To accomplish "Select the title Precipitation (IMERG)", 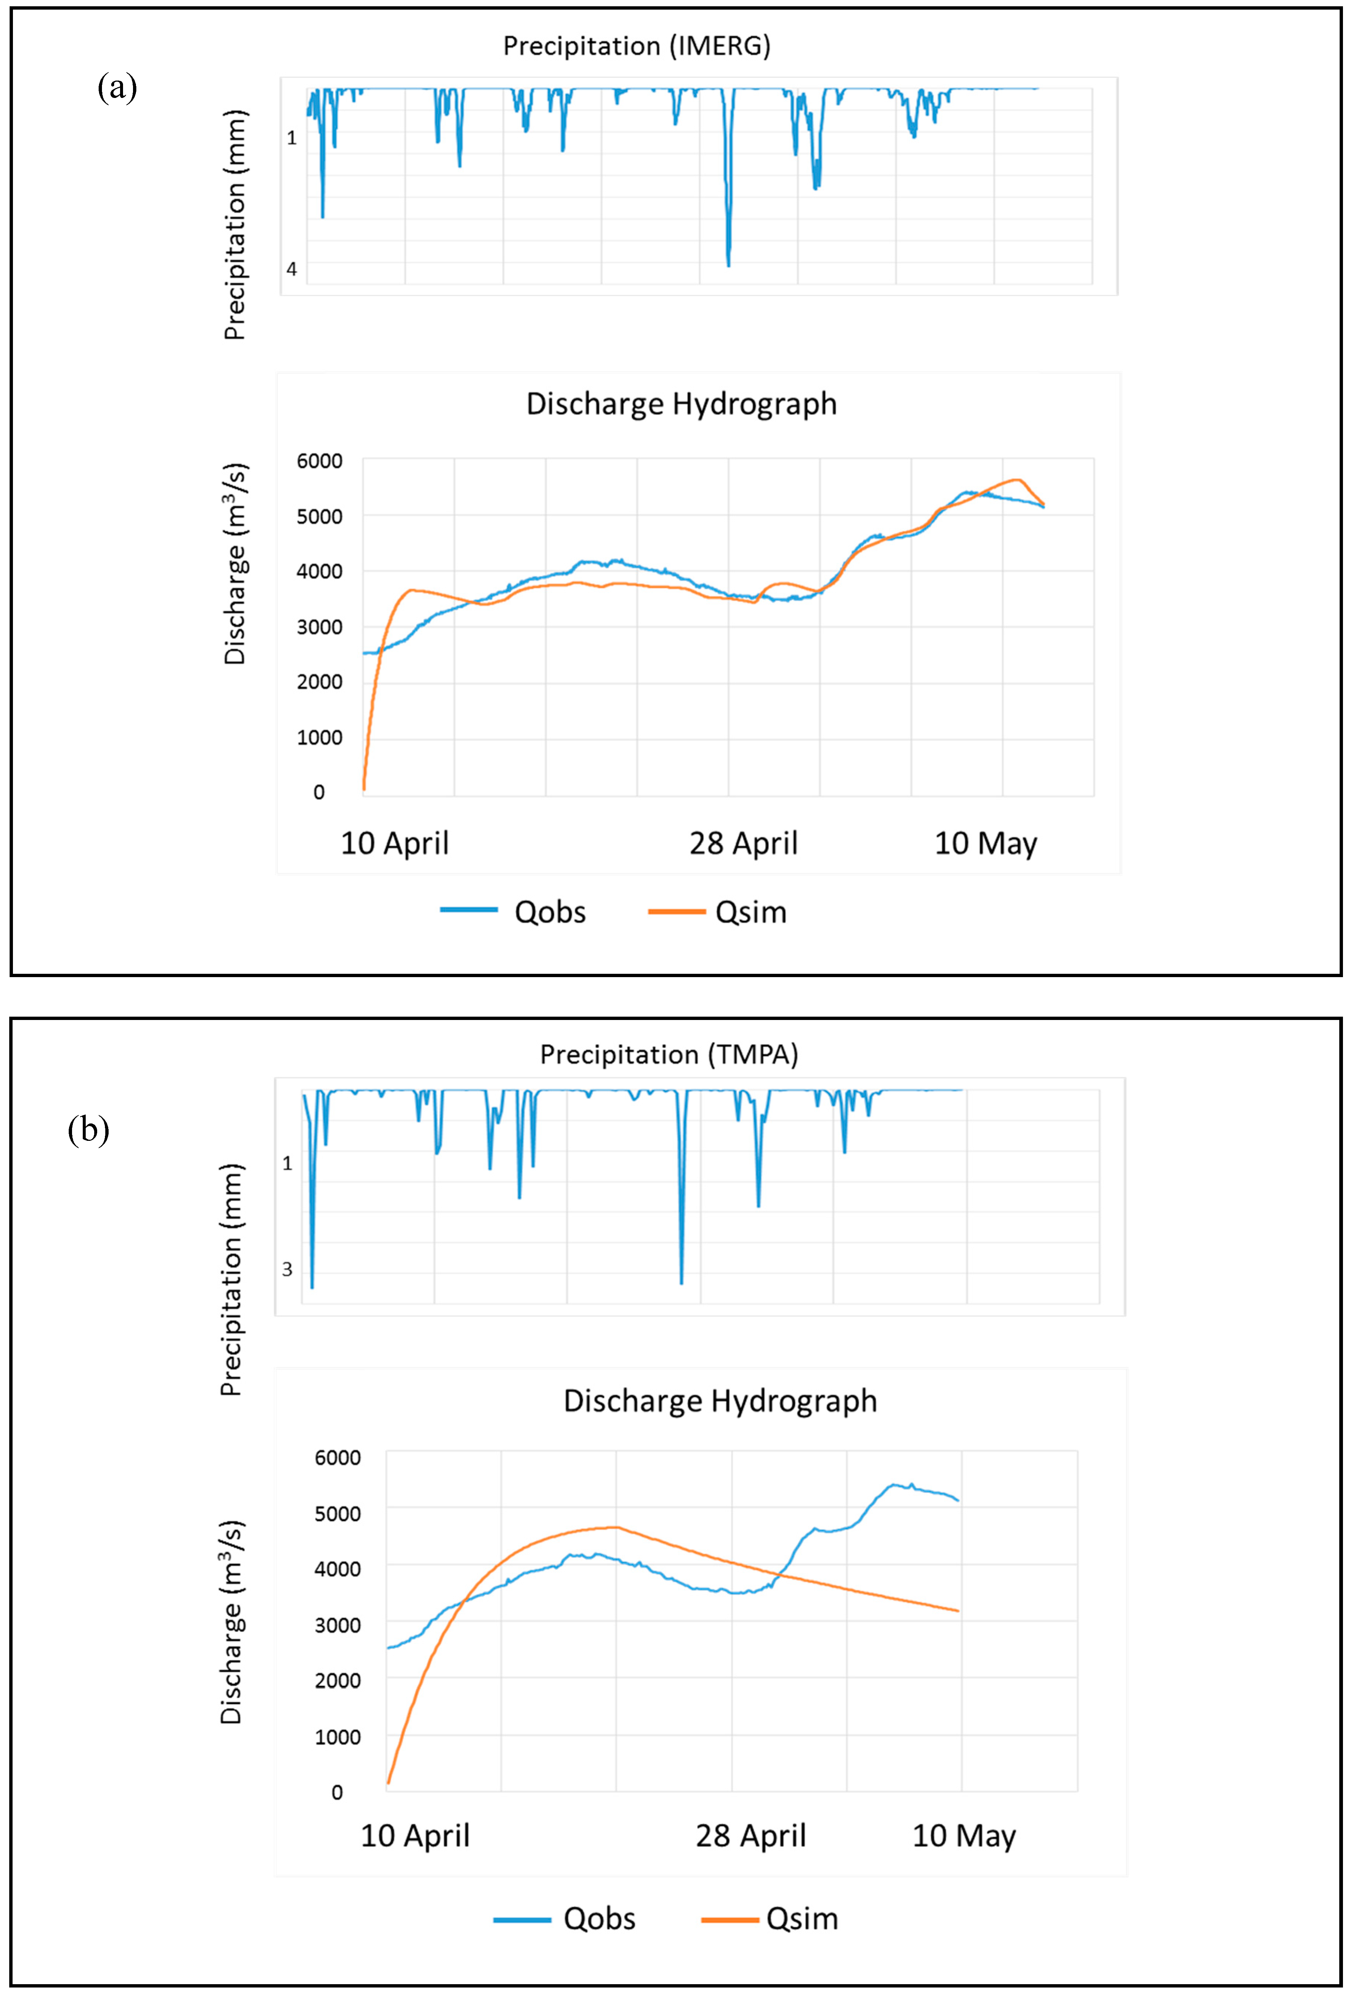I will click(x=637, y=45).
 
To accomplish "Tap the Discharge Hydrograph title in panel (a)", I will click(x=681, y=404).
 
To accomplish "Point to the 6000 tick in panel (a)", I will click(x=320, y=461).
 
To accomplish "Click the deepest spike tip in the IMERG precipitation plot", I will click(x=728, y=265).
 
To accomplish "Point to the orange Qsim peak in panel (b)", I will click(x=615, y=1527).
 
